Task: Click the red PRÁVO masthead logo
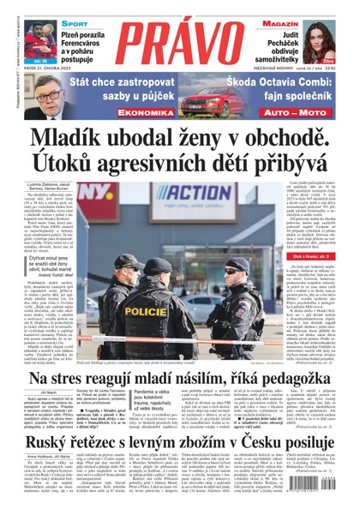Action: [x=180, y=43]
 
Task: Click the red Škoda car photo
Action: [x=207, y=103]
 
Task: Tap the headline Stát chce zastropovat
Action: [x=117, y=85]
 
